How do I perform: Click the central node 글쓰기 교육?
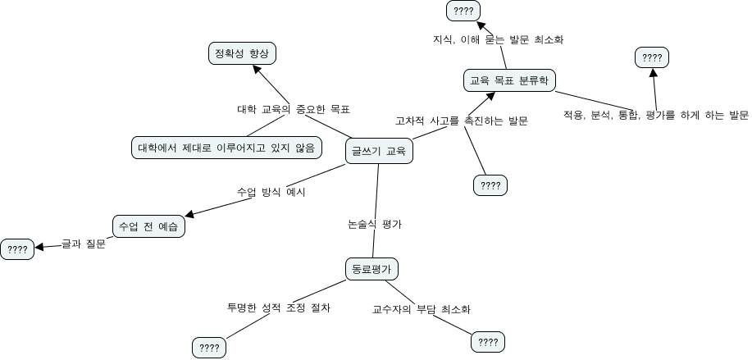(x=378, y=150)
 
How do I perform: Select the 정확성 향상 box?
(x=241, y=53)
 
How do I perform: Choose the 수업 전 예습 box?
(x=148, y=226)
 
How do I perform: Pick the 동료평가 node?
(x=371, y=268)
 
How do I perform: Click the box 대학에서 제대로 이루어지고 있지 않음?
(x=226, y=148)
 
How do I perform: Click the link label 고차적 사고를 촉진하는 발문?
(x=461, y=121)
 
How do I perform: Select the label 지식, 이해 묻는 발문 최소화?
(x=498, y=39)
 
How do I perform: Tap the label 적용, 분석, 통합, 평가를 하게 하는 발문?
(x=655, y=116)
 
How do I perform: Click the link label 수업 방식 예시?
(x=271, y=192)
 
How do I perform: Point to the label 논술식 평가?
(x=375, y=223)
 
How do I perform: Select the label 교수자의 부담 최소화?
(x=421, y=309)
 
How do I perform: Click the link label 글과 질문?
(x=84, y=244)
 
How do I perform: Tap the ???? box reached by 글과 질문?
(x=16, y=250)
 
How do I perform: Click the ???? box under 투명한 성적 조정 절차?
(x=209, y=348)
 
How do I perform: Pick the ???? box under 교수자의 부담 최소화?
(x=488, y=342)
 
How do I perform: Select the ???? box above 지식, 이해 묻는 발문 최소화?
(x=463, y=11)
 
